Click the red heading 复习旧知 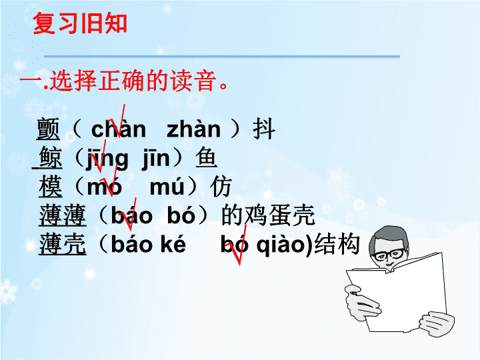coord(80,23)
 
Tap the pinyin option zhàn coord(193,129)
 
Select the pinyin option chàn coord(119,129)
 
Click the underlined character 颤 coord(48,129)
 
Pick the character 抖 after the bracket coord(264,129)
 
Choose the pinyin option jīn coord(156,159)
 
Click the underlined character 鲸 coord(51,157)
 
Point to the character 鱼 coord(206,157)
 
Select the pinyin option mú coord(167,187)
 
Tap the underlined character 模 coord(51,186)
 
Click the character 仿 coord(221,186)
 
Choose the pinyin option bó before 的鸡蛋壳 coord(181,215)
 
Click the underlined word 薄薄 coord(63,215)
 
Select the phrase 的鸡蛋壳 coord(268,215)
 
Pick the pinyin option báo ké coord(149,244)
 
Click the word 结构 coord(337,244)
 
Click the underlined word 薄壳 coord(63,244)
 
